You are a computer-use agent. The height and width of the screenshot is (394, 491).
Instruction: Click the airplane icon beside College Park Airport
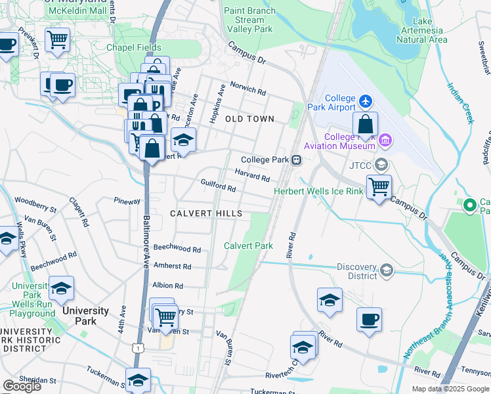pyautogui.click(x=366, y=102)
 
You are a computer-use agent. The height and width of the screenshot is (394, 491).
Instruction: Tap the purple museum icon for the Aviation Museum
pyautogui.click(x=385, y=139)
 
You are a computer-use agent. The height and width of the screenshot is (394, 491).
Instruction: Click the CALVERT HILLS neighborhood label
pyautogui.click(x=206, y=213)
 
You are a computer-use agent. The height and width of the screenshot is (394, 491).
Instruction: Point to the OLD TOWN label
pyautogui.click(x=249, y=119)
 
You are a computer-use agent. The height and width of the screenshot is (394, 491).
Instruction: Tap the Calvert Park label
pyautogui.click(x=248, y=246)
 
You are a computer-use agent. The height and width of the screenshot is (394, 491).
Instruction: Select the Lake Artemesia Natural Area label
pyautogui.click(x=422, y=30)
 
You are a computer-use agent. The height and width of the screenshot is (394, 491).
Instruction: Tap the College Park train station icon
pyautogui.click(x=297, y=160)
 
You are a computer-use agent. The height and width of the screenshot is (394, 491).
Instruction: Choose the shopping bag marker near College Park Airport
pyautogui.click(x=365, y=125)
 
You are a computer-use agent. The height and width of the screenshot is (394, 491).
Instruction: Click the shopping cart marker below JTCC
pyautogui.click(x=379, y=187)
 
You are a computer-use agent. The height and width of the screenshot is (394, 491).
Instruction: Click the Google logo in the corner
pyautogui.click(x=22, y=386)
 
